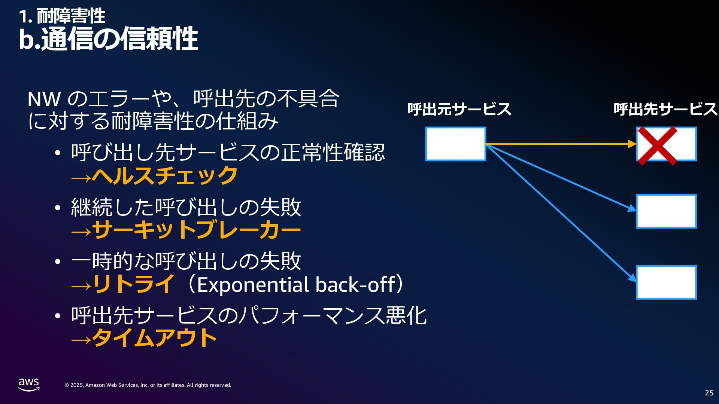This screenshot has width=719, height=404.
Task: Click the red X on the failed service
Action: pos(657,146)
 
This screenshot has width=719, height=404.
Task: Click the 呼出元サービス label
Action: pos(459,109)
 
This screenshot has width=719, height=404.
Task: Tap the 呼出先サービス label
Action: pos(665,109)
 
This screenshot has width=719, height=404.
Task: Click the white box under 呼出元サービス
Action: pos(455,144)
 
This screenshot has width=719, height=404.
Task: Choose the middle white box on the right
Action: pos(666,211)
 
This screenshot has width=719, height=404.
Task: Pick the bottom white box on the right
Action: pos(666,282)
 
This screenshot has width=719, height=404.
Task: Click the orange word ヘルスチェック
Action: pos(165,175)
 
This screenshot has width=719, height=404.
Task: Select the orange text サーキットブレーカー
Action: pos(196,230)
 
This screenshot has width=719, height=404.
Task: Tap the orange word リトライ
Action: pos(133,284)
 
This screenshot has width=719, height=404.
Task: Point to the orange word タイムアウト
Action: pos(154,338)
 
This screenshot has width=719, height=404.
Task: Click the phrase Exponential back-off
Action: pos(295,285)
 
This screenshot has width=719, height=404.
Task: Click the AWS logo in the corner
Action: pos(29,385)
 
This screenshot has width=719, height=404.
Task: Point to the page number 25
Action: pos(709,393)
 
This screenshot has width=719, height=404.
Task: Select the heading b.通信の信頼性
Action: pos(108,39)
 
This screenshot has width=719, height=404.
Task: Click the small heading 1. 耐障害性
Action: pos(62,16)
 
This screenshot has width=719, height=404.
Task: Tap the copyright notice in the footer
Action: pos(148,385)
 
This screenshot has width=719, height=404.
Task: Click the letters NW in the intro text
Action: pos(44,99)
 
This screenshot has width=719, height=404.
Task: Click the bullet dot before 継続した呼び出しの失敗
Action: pos(57,208)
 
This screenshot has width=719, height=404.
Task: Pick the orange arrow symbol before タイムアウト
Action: pos(81,339)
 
